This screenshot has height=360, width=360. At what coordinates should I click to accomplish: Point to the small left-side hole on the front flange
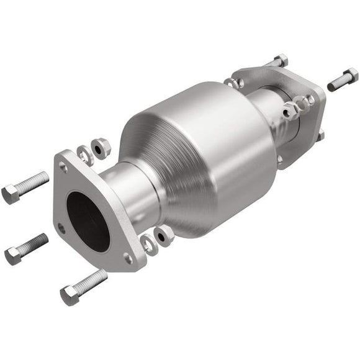pyautogui.click(x=61, y=228)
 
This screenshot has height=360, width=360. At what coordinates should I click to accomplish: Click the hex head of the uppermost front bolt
pyautogui.click(x=11, y=194)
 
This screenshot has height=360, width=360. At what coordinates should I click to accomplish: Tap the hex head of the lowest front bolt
pyautogui.click(x=70, y=295)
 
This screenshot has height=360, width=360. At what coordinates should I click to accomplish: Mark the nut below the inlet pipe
pyautogui.click(x=164, y=234)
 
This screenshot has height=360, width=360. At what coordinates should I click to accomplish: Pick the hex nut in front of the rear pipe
pyautogui.click(x=290, y=112)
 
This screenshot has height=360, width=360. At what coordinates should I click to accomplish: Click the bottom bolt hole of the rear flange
pyautogui.click(x=281, y=160)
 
